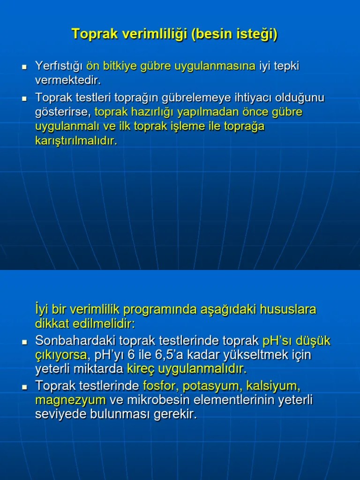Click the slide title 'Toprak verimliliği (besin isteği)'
click(x=174, y=34)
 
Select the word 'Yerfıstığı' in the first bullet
click(x=59, y=66)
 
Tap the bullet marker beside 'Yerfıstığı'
click(x=25, y=67)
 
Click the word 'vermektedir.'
click(x=68, y=80)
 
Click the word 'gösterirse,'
click(x=63, y=112)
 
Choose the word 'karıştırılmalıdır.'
click(x=76, y=141)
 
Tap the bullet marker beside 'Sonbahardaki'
click(x=25, y=342)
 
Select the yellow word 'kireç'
click(x=141, y=369)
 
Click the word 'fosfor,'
click(x=160, y=386)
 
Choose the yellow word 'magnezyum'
click(x=70, y=400)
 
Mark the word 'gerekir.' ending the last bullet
click(x=175, y=414)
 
